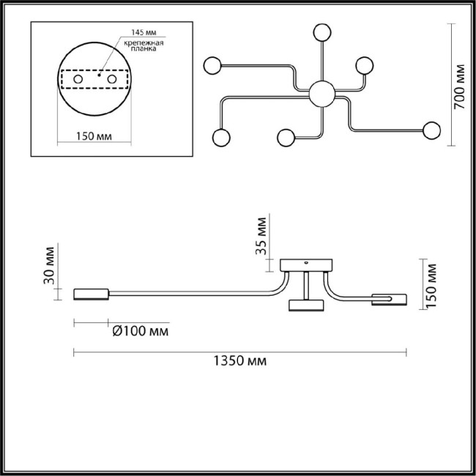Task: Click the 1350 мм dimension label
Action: (x=239, y=362)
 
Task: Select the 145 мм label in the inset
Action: (x=142, y=33)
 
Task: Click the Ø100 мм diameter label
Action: (x=138, y=332)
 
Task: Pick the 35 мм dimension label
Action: (x=261, y=235)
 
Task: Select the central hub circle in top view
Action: (x=321, y=93)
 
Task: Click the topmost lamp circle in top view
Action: (x=320, y=32)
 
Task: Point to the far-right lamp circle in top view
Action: (x=431, y=130)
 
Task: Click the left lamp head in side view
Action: (x=91, y=294)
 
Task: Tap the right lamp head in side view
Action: (x=388, y=299)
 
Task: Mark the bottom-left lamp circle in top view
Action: (x=219, y=137)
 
